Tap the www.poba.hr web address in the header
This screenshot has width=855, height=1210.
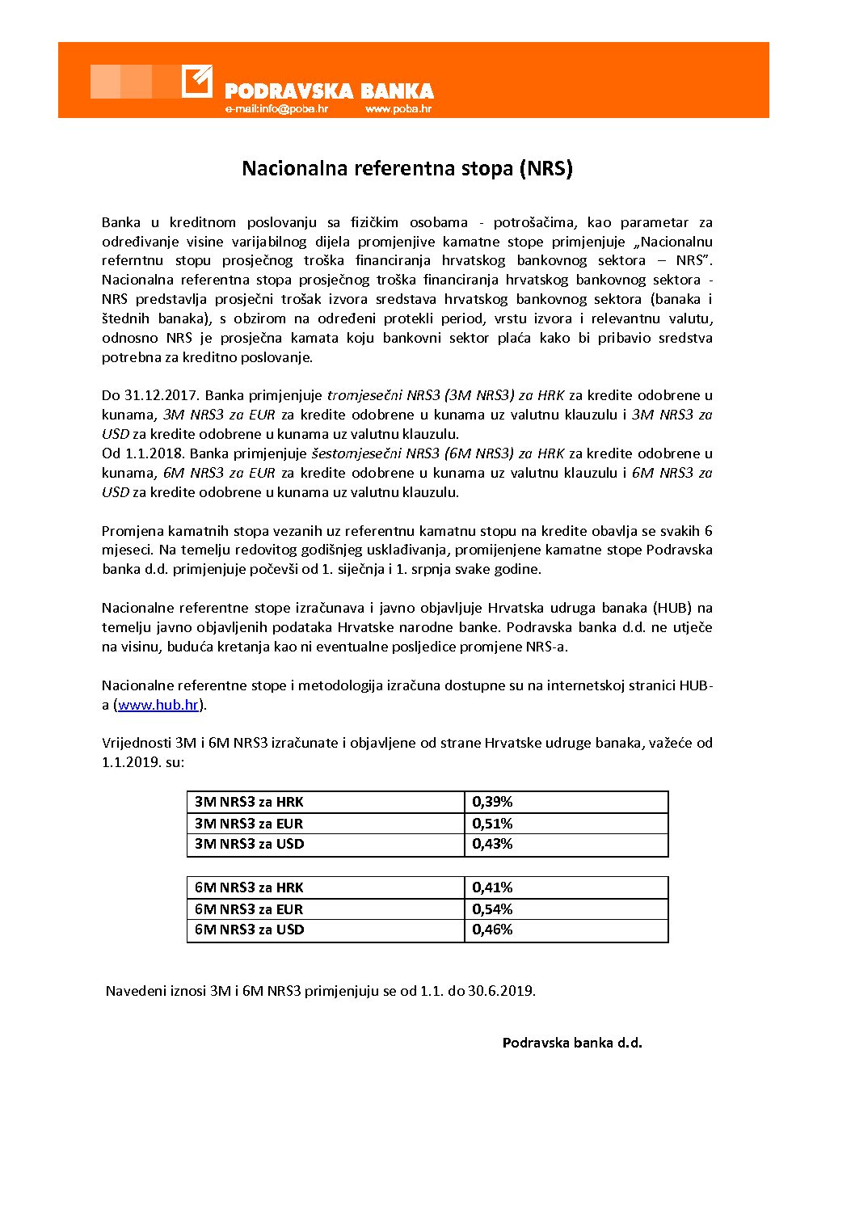(x=398, y=109)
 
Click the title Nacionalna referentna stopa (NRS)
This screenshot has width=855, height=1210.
(x=407, y=168)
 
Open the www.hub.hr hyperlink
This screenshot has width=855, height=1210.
(x=158, y=705)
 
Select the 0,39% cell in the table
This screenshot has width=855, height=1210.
(x=492, y=802)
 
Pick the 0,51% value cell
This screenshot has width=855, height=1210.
(x=492, y=824)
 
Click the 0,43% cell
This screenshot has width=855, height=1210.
(x=492, y=844)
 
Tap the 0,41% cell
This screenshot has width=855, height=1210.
(x=492, y=887)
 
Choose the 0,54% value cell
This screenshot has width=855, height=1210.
(x=492, y=909)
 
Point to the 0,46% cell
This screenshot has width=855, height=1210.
(x=492, y=930)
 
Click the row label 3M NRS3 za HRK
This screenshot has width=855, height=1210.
(x=249, y=802)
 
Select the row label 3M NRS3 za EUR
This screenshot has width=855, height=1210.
(x=249, y=824)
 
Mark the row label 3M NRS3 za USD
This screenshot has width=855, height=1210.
(x=249, y=844)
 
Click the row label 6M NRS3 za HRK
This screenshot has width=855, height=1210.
(x=249, y=887)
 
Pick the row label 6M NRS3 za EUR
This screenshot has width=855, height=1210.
(x=249, y=909)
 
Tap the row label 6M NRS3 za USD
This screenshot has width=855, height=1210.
(x=249, y=930)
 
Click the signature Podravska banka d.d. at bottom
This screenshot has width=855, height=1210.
(x=572, y=1043)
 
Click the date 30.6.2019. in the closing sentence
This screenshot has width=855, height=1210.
(x=501, y=990)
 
